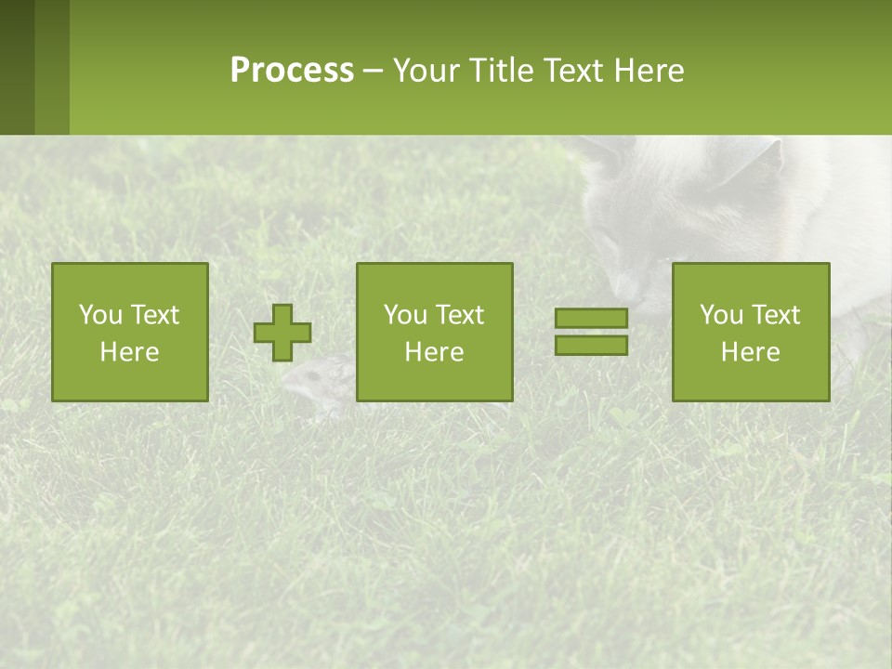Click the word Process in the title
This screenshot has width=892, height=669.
pos(292,71)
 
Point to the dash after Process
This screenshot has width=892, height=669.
pos(373,72)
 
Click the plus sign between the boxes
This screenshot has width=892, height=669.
pos(282,333)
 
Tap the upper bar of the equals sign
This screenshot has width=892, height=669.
pos(591,319)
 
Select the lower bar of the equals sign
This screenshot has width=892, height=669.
pos(591,345)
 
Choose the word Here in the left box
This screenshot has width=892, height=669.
pos(129,352)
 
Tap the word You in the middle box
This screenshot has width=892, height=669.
pos(406,315)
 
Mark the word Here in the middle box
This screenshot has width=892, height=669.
pos(434,352)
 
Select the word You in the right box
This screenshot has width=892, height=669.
pos(722,315)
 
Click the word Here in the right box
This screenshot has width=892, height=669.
pos(750,352)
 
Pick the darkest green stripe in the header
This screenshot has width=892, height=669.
pos(17,67)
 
